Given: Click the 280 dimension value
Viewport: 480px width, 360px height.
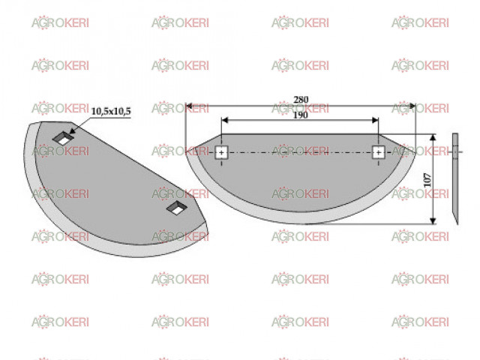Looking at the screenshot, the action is (301, 100).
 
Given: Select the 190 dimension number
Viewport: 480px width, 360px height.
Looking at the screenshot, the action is (300, 115).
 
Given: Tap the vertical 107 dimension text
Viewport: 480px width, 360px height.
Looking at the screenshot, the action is (427, 180).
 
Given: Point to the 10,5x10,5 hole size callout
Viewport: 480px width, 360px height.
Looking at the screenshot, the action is (111, 111).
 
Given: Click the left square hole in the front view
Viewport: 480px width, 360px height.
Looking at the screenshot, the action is (221, 152).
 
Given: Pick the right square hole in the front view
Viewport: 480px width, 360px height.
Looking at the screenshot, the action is (378, 152).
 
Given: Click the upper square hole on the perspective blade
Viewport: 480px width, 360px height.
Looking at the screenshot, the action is (63, 138).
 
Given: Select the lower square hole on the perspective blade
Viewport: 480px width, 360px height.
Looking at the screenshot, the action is (177, 208).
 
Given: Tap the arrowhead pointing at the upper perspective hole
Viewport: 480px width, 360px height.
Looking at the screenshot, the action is (72, 131).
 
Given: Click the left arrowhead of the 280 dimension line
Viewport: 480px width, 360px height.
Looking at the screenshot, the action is (189, 106).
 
